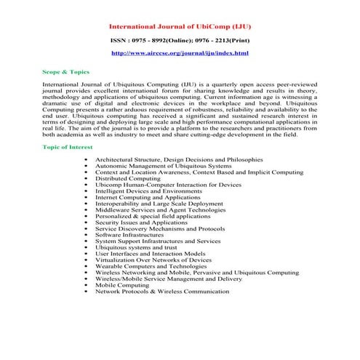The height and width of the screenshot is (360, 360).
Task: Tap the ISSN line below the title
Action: click(180, 41)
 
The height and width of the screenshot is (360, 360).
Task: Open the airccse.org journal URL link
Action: click(180, 54)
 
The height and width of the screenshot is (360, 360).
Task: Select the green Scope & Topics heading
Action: click(65, 74)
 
